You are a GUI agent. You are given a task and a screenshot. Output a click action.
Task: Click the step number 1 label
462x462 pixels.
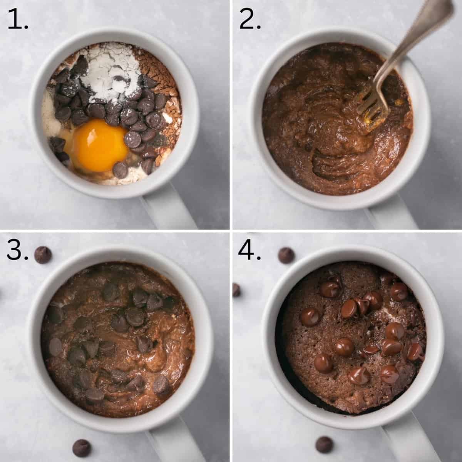[x=18, y=20]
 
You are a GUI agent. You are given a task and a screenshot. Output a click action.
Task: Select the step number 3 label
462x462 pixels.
[x=17, y=250]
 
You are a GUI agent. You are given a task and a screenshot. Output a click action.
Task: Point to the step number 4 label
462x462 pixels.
[x=249, y=250]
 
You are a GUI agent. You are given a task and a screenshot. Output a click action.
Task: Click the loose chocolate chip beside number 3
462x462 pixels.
[x=43, y=255]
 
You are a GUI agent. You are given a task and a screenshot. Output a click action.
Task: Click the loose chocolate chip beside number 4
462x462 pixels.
[x=286, y=256]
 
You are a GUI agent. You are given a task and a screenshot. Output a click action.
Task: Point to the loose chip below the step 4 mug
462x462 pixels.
[x=324, y=445]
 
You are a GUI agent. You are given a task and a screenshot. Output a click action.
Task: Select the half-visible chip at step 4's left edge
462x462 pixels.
[x=236, y=290]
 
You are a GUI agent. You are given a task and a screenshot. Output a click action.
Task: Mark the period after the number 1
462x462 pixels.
[x=26, y=28]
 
